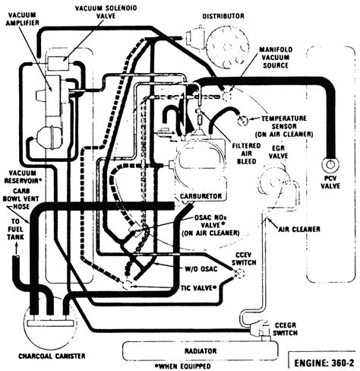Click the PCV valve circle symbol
point(330,164)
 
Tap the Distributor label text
point(223,16)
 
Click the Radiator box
point(201,351)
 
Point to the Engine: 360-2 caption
point(324,363)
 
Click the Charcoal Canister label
point(52,356)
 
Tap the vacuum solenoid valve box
point(58,63)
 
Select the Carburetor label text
point(201,196)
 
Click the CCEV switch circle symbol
point(238,274)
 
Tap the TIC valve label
point(199,288)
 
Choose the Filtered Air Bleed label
point(246,154)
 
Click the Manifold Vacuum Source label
point(276,57)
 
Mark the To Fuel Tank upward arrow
point(17,249)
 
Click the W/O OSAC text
point(201,268)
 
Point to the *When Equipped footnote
point(183,366)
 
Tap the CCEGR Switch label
point(286,328)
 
